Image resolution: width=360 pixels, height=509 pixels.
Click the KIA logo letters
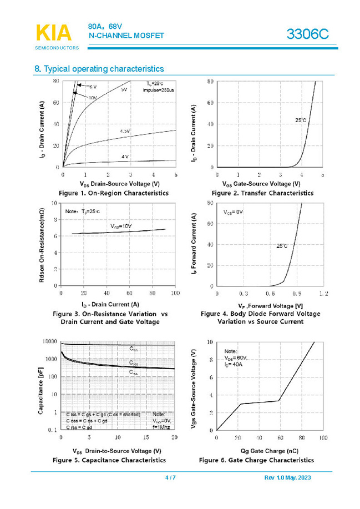[x=53, y=33]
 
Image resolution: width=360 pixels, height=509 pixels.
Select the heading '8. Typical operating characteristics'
[x=99, y=69]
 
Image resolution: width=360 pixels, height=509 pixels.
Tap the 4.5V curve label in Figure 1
[x=125, y=131]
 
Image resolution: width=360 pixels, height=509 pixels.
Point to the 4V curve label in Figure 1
[x=125, y=157]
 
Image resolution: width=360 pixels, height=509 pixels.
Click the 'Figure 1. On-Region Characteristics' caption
[x=118, y=193]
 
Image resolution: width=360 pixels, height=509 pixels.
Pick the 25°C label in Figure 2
[x=301, y=120]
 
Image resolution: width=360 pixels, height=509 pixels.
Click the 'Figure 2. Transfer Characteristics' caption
[x=262, y=193]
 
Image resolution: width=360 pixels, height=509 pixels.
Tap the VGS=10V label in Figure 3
[x=120, y=226]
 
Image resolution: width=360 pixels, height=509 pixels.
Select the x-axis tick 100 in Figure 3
[x=174, y=293]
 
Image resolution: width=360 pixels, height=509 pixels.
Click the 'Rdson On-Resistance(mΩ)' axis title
[x=43, y=244]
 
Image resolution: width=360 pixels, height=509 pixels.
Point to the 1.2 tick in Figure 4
[x=323, y=293]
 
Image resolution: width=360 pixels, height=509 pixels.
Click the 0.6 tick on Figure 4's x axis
[x=270, y=293]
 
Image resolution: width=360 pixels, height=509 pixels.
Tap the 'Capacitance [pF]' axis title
[x=42, y=386]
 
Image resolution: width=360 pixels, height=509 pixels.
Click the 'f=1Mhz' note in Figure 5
[x=161, y=428]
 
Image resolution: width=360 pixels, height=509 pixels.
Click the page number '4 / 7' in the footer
[x=170, y=478]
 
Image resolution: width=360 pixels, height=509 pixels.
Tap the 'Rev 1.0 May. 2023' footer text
[x=289, y=478]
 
